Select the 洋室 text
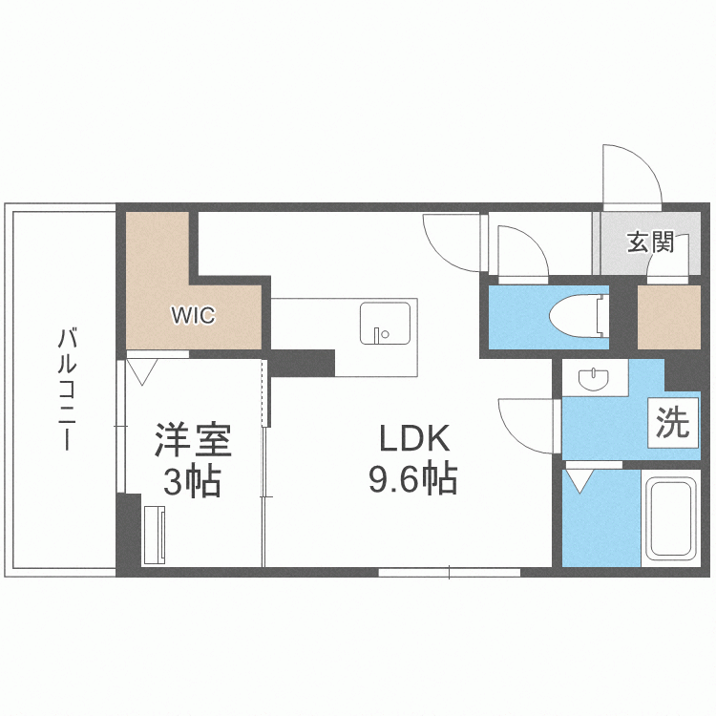[193, 441]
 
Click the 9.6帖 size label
[413, 477]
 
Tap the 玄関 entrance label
[650, 242]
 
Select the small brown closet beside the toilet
[669, 316]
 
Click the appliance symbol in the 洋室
[154, 536]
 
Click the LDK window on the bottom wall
[449, 572]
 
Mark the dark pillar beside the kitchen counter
[302, 363]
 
